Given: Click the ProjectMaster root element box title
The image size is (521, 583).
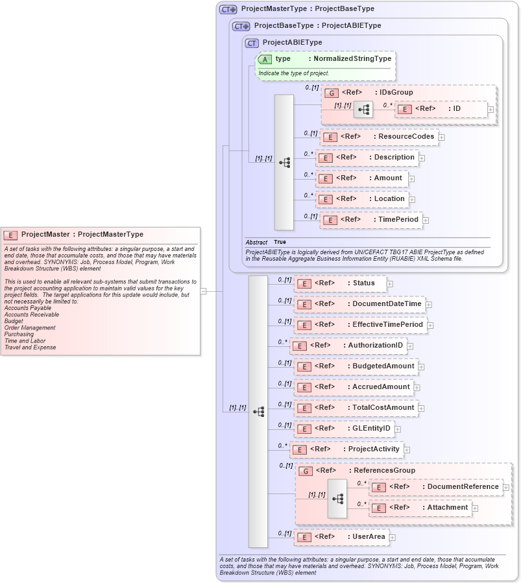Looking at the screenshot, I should pyautogui.click(x=82, y=234).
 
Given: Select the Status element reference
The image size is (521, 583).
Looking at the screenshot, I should pyautogui.click(x=340, y=283).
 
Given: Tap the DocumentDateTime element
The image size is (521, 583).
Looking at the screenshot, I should pyautogui.click(x=359, y=303).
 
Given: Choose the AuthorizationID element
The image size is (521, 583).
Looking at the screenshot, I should pyautogui.click(x=348, y=346).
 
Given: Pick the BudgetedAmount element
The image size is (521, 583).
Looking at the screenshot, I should pyautogui.click(x=356, y=366).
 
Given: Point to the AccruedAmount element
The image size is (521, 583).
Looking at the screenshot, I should pyautogui.click(x=354, y=387).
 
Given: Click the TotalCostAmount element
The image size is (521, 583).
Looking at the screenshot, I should pyautogui.click(x=356, y=408).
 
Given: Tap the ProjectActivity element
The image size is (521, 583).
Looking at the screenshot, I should pyautogui.click(x=346, y=449).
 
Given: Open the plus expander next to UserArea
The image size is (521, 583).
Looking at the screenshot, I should pyautogui.click(x=393, y=537).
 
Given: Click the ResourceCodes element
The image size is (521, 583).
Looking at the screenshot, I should pyautogui.click(x=380, y=137).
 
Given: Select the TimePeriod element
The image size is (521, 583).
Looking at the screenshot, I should pyautogui.click(x=371, y=220).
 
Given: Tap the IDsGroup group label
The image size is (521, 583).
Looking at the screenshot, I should pyautogui.click(x=377, y=92).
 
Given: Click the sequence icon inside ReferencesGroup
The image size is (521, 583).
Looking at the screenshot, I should pyautogui.click(x=337, y=498).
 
